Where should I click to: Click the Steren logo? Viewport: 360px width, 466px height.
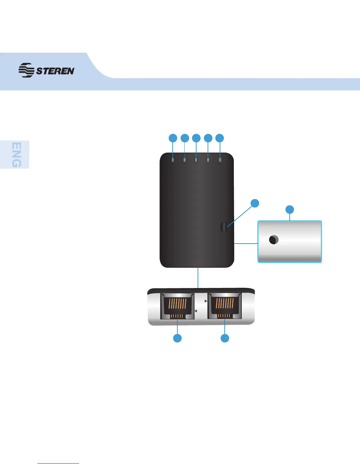(x=46, y=70)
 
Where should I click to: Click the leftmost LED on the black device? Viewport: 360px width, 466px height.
(x=173, y=160)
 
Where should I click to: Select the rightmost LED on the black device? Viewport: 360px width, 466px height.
(x=220, y=160)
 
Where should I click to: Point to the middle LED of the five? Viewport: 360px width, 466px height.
(x=196, y=160)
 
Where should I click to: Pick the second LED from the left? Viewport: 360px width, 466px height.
(x=185, y=160)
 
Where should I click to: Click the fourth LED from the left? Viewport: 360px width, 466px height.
(x=208, y=160)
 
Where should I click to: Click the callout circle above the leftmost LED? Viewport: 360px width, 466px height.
(x=173, y=138)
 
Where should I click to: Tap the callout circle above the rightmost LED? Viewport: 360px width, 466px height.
(x=220, y=138)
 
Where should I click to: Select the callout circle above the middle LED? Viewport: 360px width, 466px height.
(x=196, y=138)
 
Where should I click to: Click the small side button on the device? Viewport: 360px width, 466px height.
(x=224, y=227)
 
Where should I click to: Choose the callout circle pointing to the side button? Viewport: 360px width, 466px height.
(x=255, y=203)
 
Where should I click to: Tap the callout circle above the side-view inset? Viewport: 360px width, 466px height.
(x=290, y=209)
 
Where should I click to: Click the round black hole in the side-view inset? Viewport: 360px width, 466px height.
(x=274, y=240)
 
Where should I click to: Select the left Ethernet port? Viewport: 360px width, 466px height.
(x=177, y=306)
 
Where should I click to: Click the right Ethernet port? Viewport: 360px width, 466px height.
(x=225, y=306)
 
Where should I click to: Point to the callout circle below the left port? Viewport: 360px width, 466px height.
(x=177, y=338)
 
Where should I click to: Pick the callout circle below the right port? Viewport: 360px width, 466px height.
(x=225, y=338)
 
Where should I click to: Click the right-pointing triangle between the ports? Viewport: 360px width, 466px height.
(x=206, y=301)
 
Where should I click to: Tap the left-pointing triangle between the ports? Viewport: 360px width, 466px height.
(x=196, y=311)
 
